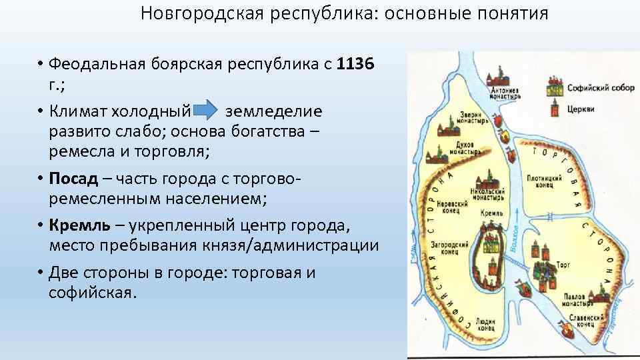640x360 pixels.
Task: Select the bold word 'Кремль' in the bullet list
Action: pos(78,225)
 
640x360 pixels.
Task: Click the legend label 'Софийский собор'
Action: pos(591,88)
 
